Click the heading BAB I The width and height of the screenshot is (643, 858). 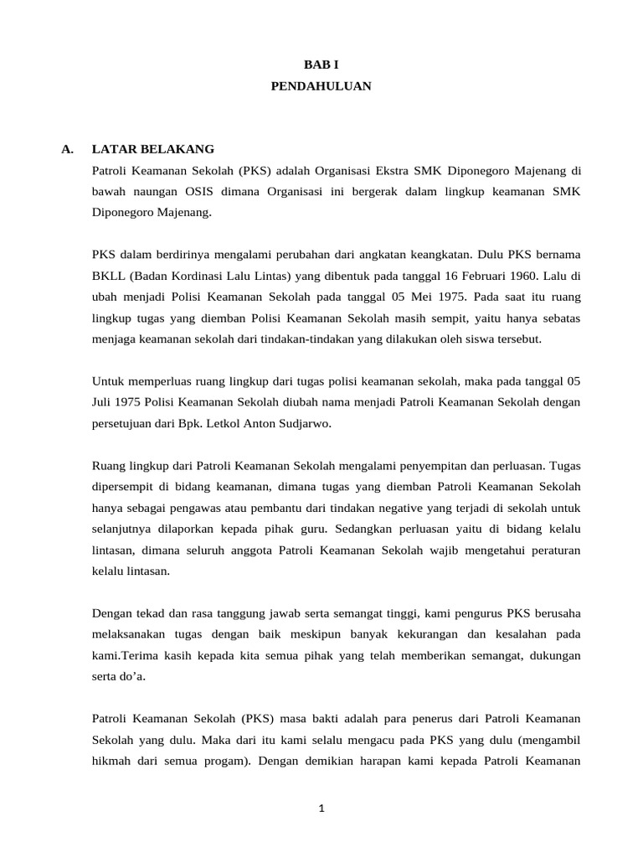tap(321, 64)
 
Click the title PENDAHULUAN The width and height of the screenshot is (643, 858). tap(321, 85)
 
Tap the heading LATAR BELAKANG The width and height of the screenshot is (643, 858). tap(153, 149)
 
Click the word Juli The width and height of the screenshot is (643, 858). tap(104, 402)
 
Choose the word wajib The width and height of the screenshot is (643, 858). tap(435, 550)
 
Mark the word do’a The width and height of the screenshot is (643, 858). tap(131, 676)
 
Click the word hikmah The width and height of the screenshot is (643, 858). tap(112, 761)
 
